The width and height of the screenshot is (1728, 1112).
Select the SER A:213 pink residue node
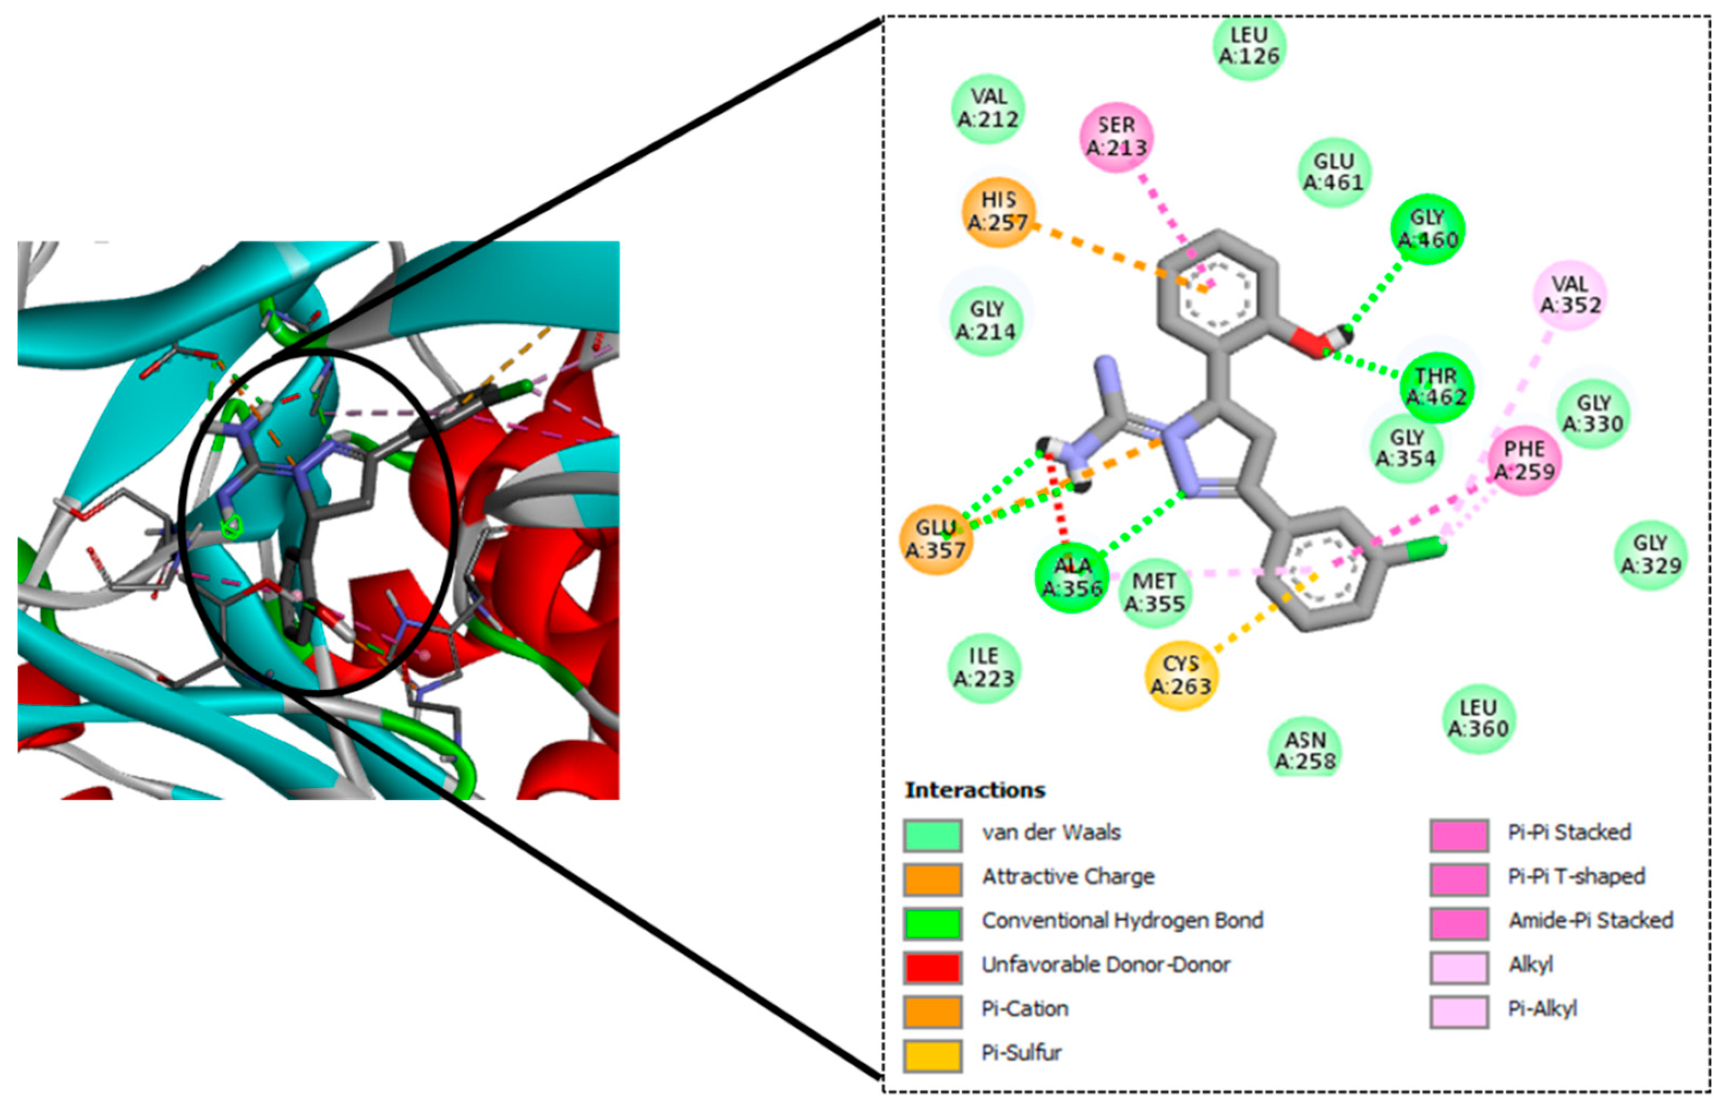1117,136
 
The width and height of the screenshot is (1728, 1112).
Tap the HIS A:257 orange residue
999,211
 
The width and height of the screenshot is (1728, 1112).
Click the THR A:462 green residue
1435,387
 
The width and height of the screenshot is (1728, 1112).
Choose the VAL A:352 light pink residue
1570,295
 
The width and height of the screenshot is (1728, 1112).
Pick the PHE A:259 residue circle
1524,460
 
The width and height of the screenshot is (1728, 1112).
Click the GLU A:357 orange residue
936,539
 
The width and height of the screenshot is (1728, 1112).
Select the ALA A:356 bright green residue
1071,577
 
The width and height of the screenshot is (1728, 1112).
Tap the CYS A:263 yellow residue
1181,675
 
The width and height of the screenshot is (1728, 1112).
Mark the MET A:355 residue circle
1155,592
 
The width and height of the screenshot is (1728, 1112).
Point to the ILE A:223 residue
984,668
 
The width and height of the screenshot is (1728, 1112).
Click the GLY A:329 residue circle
1651,554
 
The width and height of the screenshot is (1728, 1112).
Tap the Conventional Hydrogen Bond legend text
1122,921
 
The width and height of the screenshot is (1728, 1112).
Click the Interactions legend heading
975,790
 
